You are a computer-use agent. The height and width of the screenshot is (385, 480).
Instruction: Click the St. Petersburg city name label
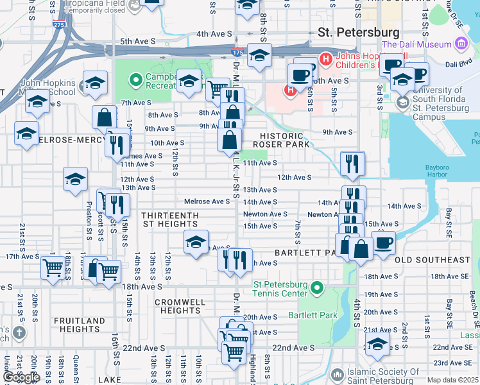coord(359,32)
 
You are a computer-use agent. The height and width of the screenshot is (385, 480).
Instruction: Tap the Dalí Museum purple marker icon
coord(461,44)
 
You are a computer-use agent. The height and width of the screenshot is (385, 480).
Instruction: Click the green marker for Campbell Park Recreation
coord(135,80)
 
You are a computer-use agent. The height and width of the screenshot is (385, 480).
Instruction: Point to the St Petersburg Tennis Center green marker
coord(315,289)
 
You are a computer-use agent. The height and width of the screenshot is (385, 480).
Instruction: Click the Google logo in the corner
coord(21,377)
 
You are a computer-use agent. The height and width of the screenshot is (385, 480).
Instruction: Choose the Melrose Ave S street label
coord(207,201)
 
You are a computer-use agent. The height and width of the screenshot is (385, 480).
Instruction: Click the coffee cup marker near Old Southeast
coord(384,243)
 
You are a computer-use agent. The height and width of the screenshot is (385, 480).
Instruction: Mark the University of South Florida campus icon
coord(403,103)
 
